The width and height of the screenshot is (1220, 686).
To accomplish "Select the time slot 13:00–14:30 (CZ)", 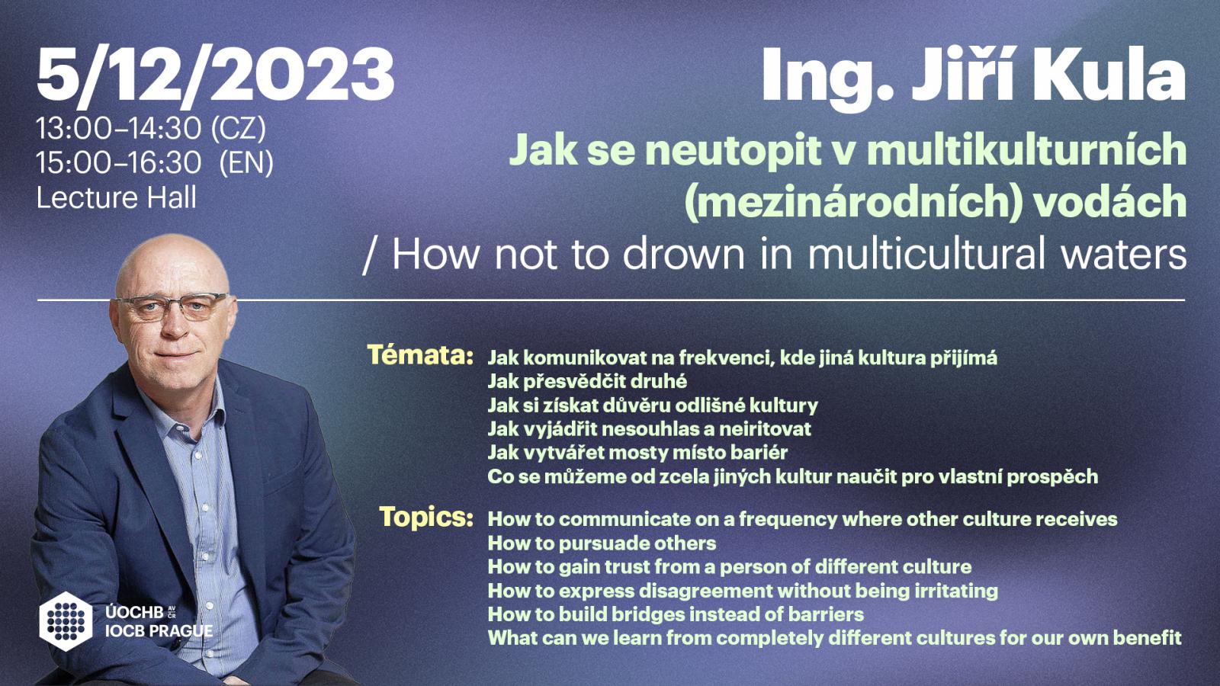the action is click(151, 129).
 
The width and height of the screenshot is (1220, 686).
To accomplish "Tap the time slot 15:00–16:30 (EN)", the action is click(155, 163).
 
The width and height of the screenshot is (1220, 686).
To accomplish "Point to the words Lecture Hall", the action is click(116, 197).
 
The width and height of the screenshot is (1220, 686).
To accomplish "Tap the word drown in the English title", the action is click(683, 255).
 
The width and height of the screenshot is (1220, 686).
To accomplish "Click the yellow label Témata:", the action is click(420, 355).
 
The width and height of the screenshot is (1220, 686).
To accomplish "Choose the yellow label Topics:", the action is click(426, 517).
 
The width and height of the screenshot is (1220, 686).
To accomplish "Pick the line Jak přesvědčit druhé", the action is click(587, 382).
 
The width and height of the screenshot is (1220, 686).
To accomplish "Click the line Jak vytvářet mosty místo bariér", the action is click(637, 453).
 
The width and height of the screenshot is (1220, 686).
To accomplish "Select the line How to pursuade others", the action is click(602, 543).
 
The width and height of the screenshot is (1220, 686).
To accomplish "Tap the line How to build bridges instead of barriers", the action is click(676, 614).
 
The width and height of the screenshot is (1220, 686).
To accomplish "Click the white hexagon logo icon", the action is click(66, 621).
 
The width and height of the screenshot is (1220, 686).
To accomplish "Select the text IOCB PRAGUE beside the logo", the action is click(159, 631).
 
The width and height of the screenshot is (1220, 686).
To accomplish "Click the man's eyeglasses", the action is click(173, 306).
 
